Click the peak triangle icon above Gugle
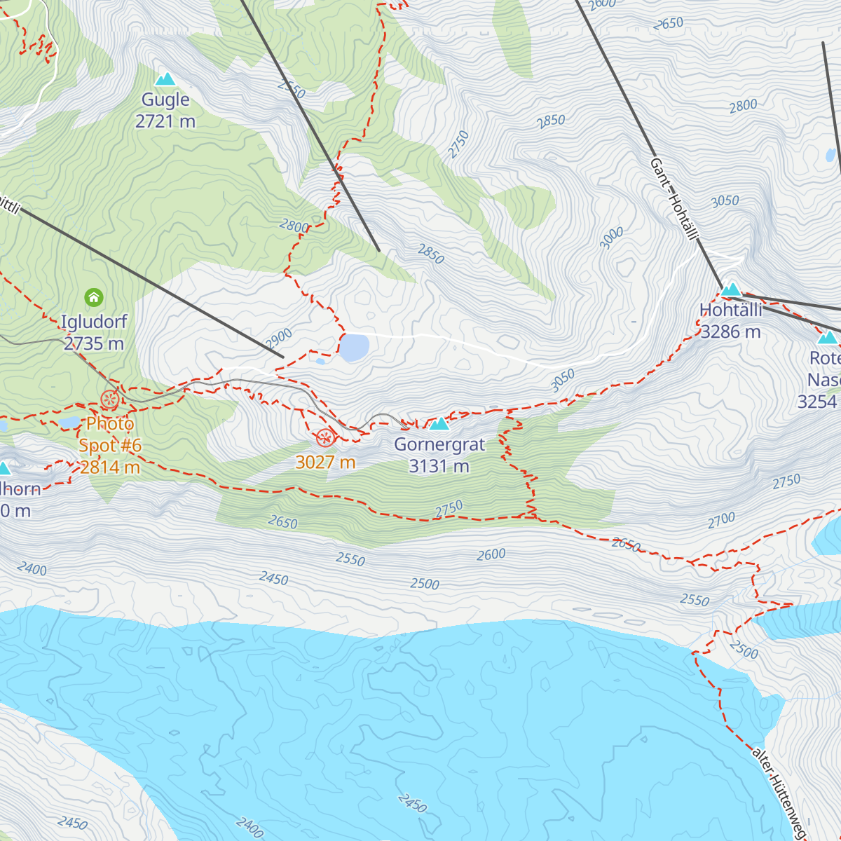coord(165,79)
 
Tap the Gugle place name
coord(165,100)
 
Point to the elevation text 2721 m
coord(165,121)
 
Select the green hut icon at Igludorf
coord(94,298)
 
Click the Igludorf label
coord(94,322)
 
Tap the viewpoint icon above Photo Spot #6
coord(109,400)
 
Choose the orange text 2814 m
coord(110,467)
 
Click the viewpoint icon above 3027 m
coord(324,439)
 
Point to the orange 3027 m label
coord(325,462)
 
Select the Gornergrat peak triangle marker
coord(439,423)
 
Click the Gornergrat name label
coord(439,444)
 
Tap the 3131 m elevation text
coord(439,466)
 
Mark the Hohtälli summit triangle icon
coord(731,289)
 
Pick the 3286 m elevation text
coord(731,331)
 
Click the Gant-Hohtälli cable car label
coord(674,199)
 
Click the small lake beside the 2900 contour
coord(354,348)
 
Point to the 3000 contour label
coord(611,238)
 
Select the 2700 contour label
coord(721,520)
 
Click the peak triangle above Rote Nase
coord(828,338)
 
